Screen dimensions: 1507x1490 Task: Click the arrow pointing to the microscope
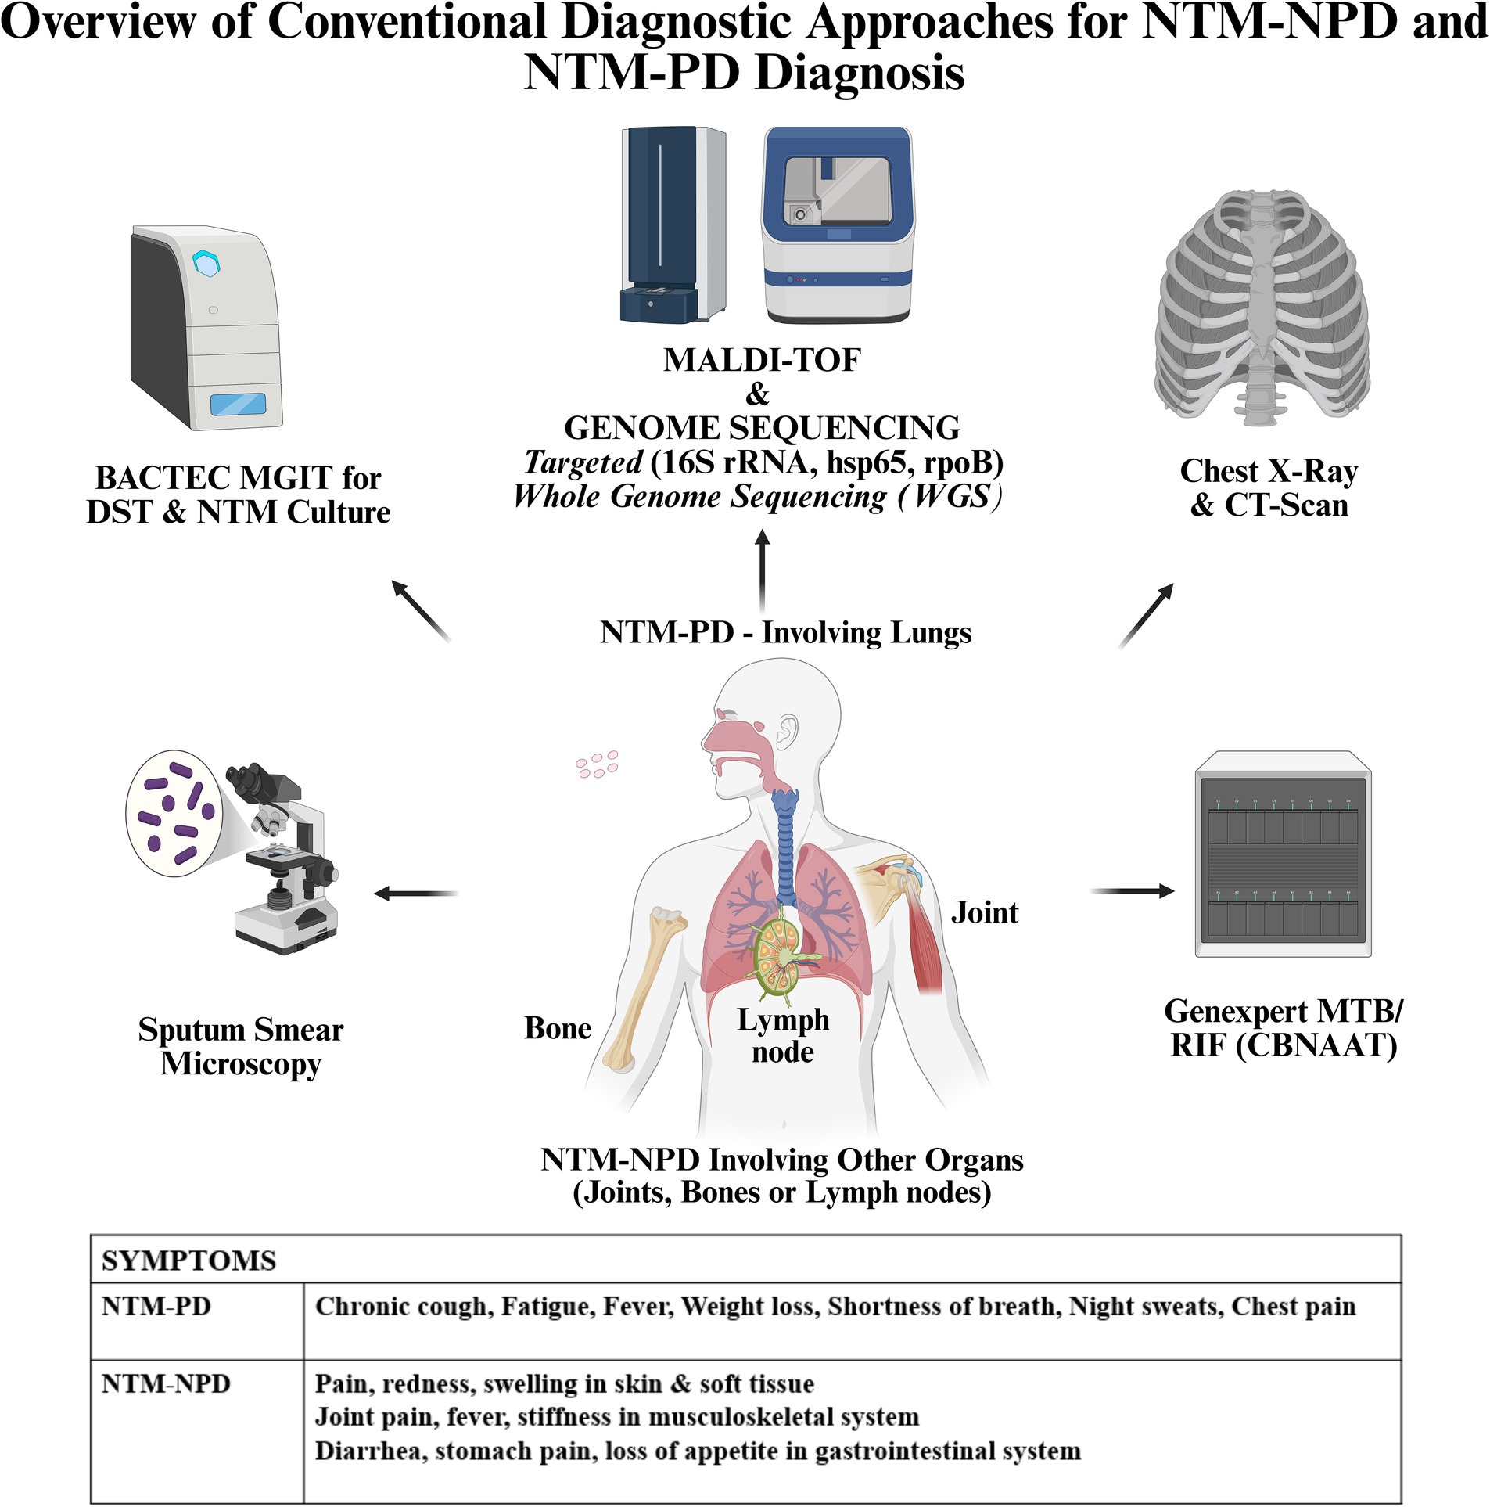[x=415, y=893]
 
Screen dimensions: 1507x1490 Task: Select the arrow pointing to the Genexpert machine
[x=1132, y=890]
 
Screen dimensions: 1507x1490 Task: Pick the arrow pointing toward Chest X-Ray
[x=1146, y=615]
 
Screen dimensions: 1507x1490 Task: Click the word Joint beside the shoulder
[x=984, y=912]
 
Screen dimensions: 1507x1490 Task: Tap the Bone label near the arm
[x=558, y=1027]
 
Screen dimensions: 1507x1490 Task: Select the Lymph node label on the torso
[x=783, y=1035]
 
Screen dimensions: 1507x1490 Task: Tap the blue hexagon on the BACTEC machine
[x=206, y=263]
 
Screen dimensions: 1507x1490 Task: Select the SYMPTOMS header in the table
[x=188, y=1261]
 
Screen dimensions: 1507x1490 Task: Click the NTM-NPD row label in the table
[x=166, y=1383]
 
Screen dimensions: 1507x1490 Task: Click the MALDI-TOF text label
[x=762, y=360]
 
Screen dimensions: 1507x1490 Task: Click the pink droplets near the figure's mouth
[x=597, y=764]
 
